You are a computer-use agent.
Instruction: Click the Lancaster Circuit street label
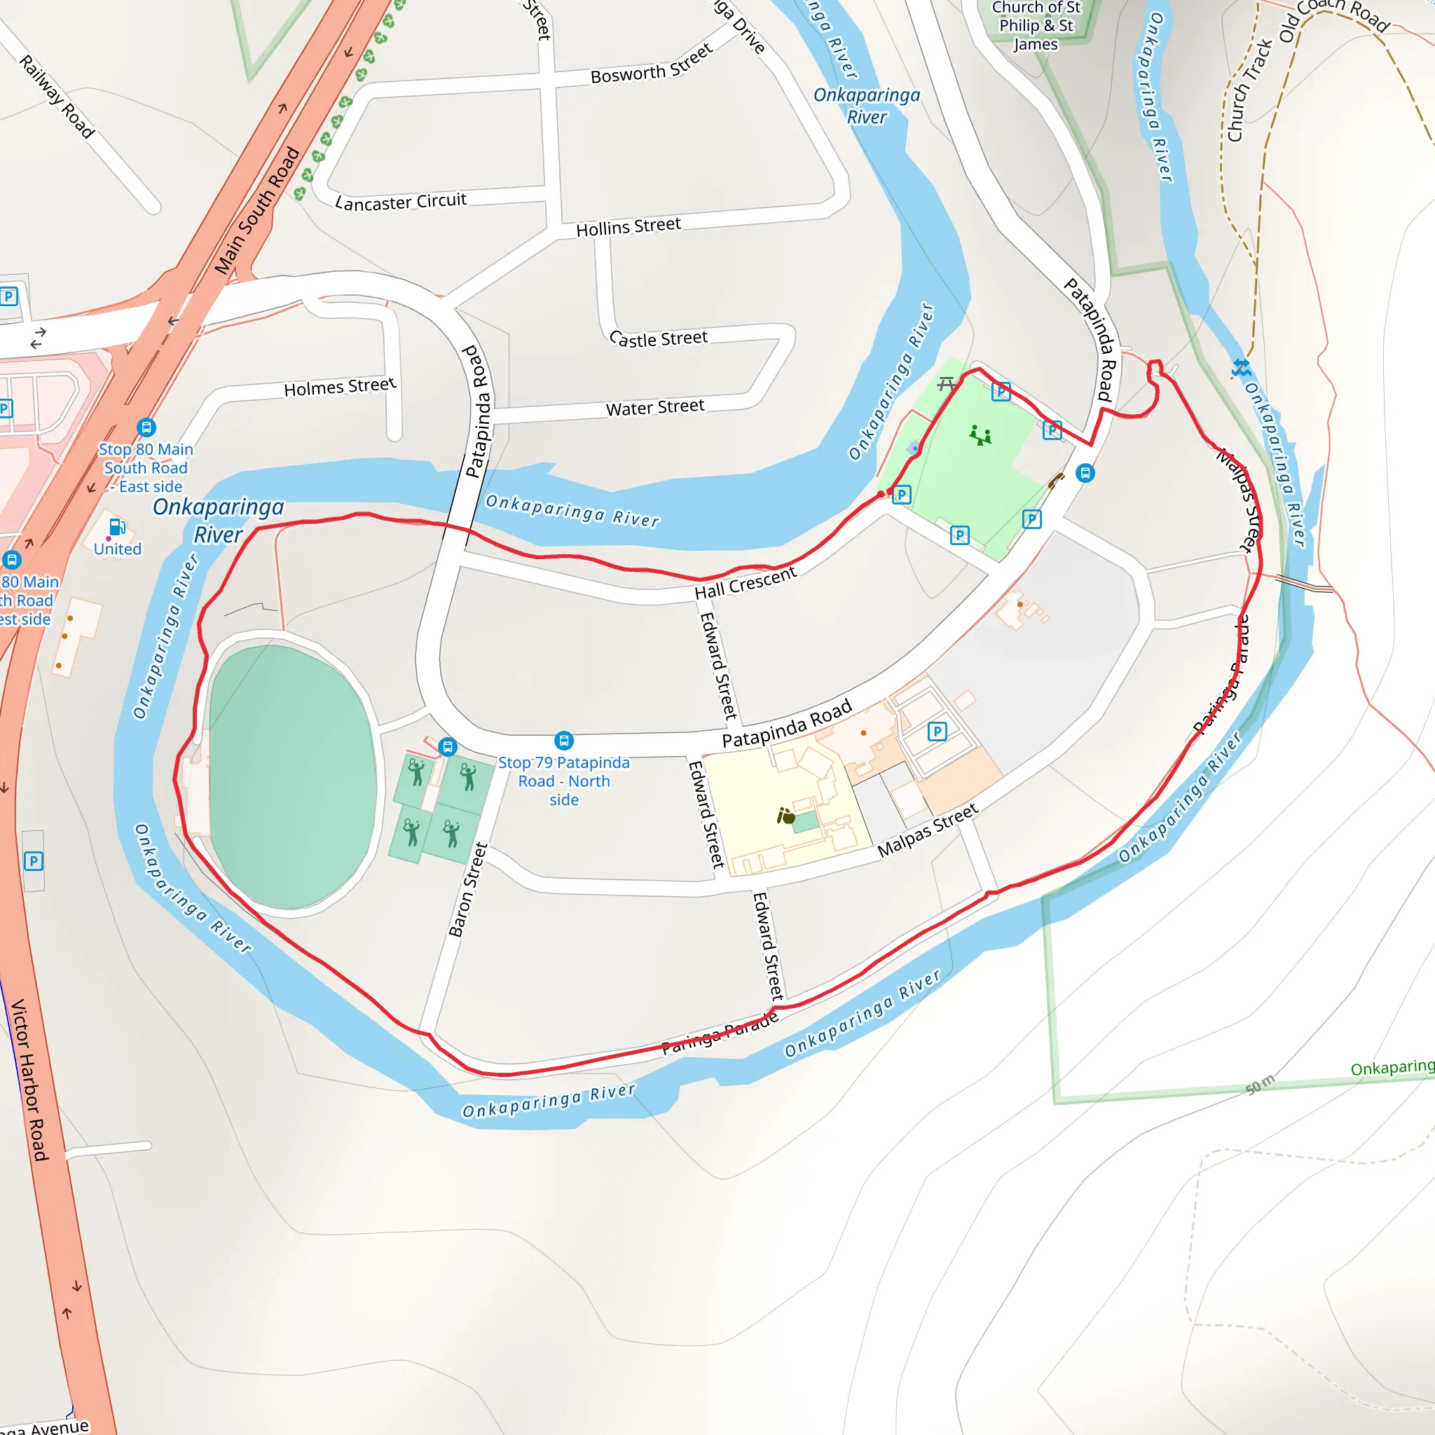pyautogui.click(x=401, y=202)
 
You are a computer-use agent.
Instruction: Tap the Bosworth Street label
pyautogui.click(x=652, y=64)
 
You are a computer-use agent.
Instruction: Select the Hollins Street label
pyautogui.click(x=629, y=227)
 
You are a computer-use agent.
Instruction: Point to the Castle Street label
pyautogui.click(x=658, y=338)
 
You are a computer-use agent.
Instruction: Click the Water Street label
pyautogui.click(x=655, y=407)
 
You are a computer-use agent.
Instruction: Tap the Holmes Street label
pyautogui.click(x=340, y=387)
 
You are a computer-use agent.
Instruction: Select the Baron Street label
pyautogui.click(x=468, y=889)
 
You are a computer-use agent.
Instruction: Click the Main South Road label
pyautogui.click(x=257, y=210)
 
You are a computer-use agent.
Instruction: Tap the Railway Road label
pyautogui.click(x=57, y=97)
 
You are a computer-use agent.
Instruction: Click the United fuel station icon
pyautogui.click(x=117, y=528)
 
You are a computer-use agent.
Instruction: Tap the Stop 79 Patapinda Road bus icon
pyautogui.click(x=564, y=741)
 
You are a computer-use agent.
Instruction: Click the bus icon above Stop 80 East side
pyautogui.click(x=146, y=427)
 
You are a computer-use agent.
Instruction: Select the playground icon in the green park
pyautogui.click(x=980, y=435)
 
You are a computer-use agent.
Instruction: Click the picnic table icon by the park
pyautogui.click(x=945, y=384)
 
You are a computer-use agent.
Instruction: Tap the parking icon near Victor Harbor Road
pyautogui.click(x=34, y=861)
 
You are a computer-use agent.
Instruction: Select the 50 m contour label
pyautogui.click(x=1260, y=1084)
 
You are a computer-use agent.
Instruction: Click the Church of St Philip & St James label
pyautogui.click(x=1036, y=25)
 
